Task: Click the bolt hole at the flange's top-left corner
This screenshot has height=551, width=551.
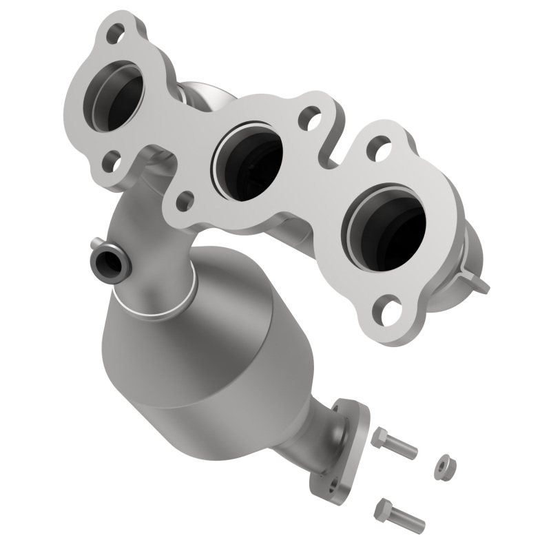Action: coord(115,32)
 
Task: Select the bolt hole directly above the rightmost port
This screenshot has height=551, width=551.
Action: coord(378,147)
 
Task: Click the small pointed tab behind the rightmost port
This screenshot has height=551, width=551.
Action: coord(480,282)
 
